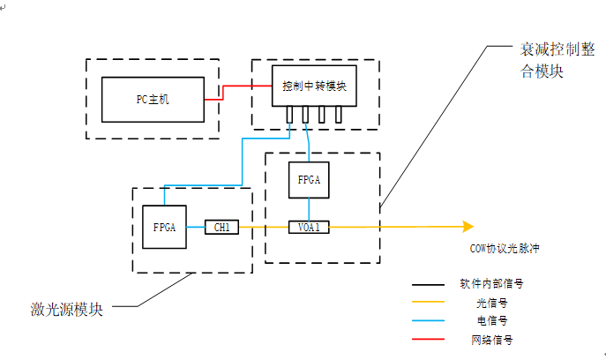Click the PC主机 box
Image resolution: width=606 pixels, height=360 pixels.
point(153,100)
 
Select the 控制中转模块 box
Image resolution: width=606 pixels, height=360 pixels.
point(314,86)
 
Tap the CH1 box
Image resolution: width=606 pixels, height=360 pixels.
point(221,227)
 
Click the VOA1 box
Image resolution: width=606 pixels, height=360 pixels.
point(309,227)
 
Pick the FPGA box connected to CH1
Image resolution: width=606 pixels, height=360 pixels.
point(164,227)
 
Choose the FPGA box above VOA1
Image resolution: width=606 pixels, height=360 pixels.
point(309,180)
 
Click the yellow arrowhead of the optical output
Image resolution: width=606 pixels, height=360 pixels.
point(468,226)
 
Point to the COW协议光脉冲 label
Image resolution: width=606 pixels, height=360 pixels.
point(505,248)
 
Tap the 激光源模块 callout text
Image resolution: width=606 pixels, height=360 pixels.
point(66,310)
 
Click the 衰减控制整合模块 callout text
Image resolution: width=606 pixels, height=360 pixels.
point(557,60)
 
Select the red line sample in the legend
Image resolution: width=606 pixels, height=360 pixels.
point(428,339)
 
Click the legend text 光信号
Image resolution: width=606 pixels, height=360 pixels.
point(491,303)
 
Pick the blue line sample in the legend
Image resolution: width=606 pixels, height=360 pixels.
point(428,320)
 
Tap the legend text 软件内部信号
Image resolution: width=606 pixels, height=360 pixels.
point(491,284)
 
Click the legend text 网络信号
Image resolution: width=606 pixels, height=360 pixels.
point(491,340)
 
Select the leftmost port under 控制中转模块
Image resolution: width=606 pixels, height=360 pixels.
point(289,115)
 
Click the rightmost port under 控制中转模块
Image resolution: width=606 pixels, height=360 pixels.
point(339,115)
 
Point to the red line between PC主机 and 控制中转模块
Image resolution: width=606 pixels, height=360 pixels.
point(223,93)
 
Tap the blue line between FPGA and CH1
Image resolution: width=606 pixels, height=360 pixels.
point(196,227)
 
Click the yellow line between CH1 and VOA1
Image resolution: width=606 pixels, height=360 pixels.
point(264,227)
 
